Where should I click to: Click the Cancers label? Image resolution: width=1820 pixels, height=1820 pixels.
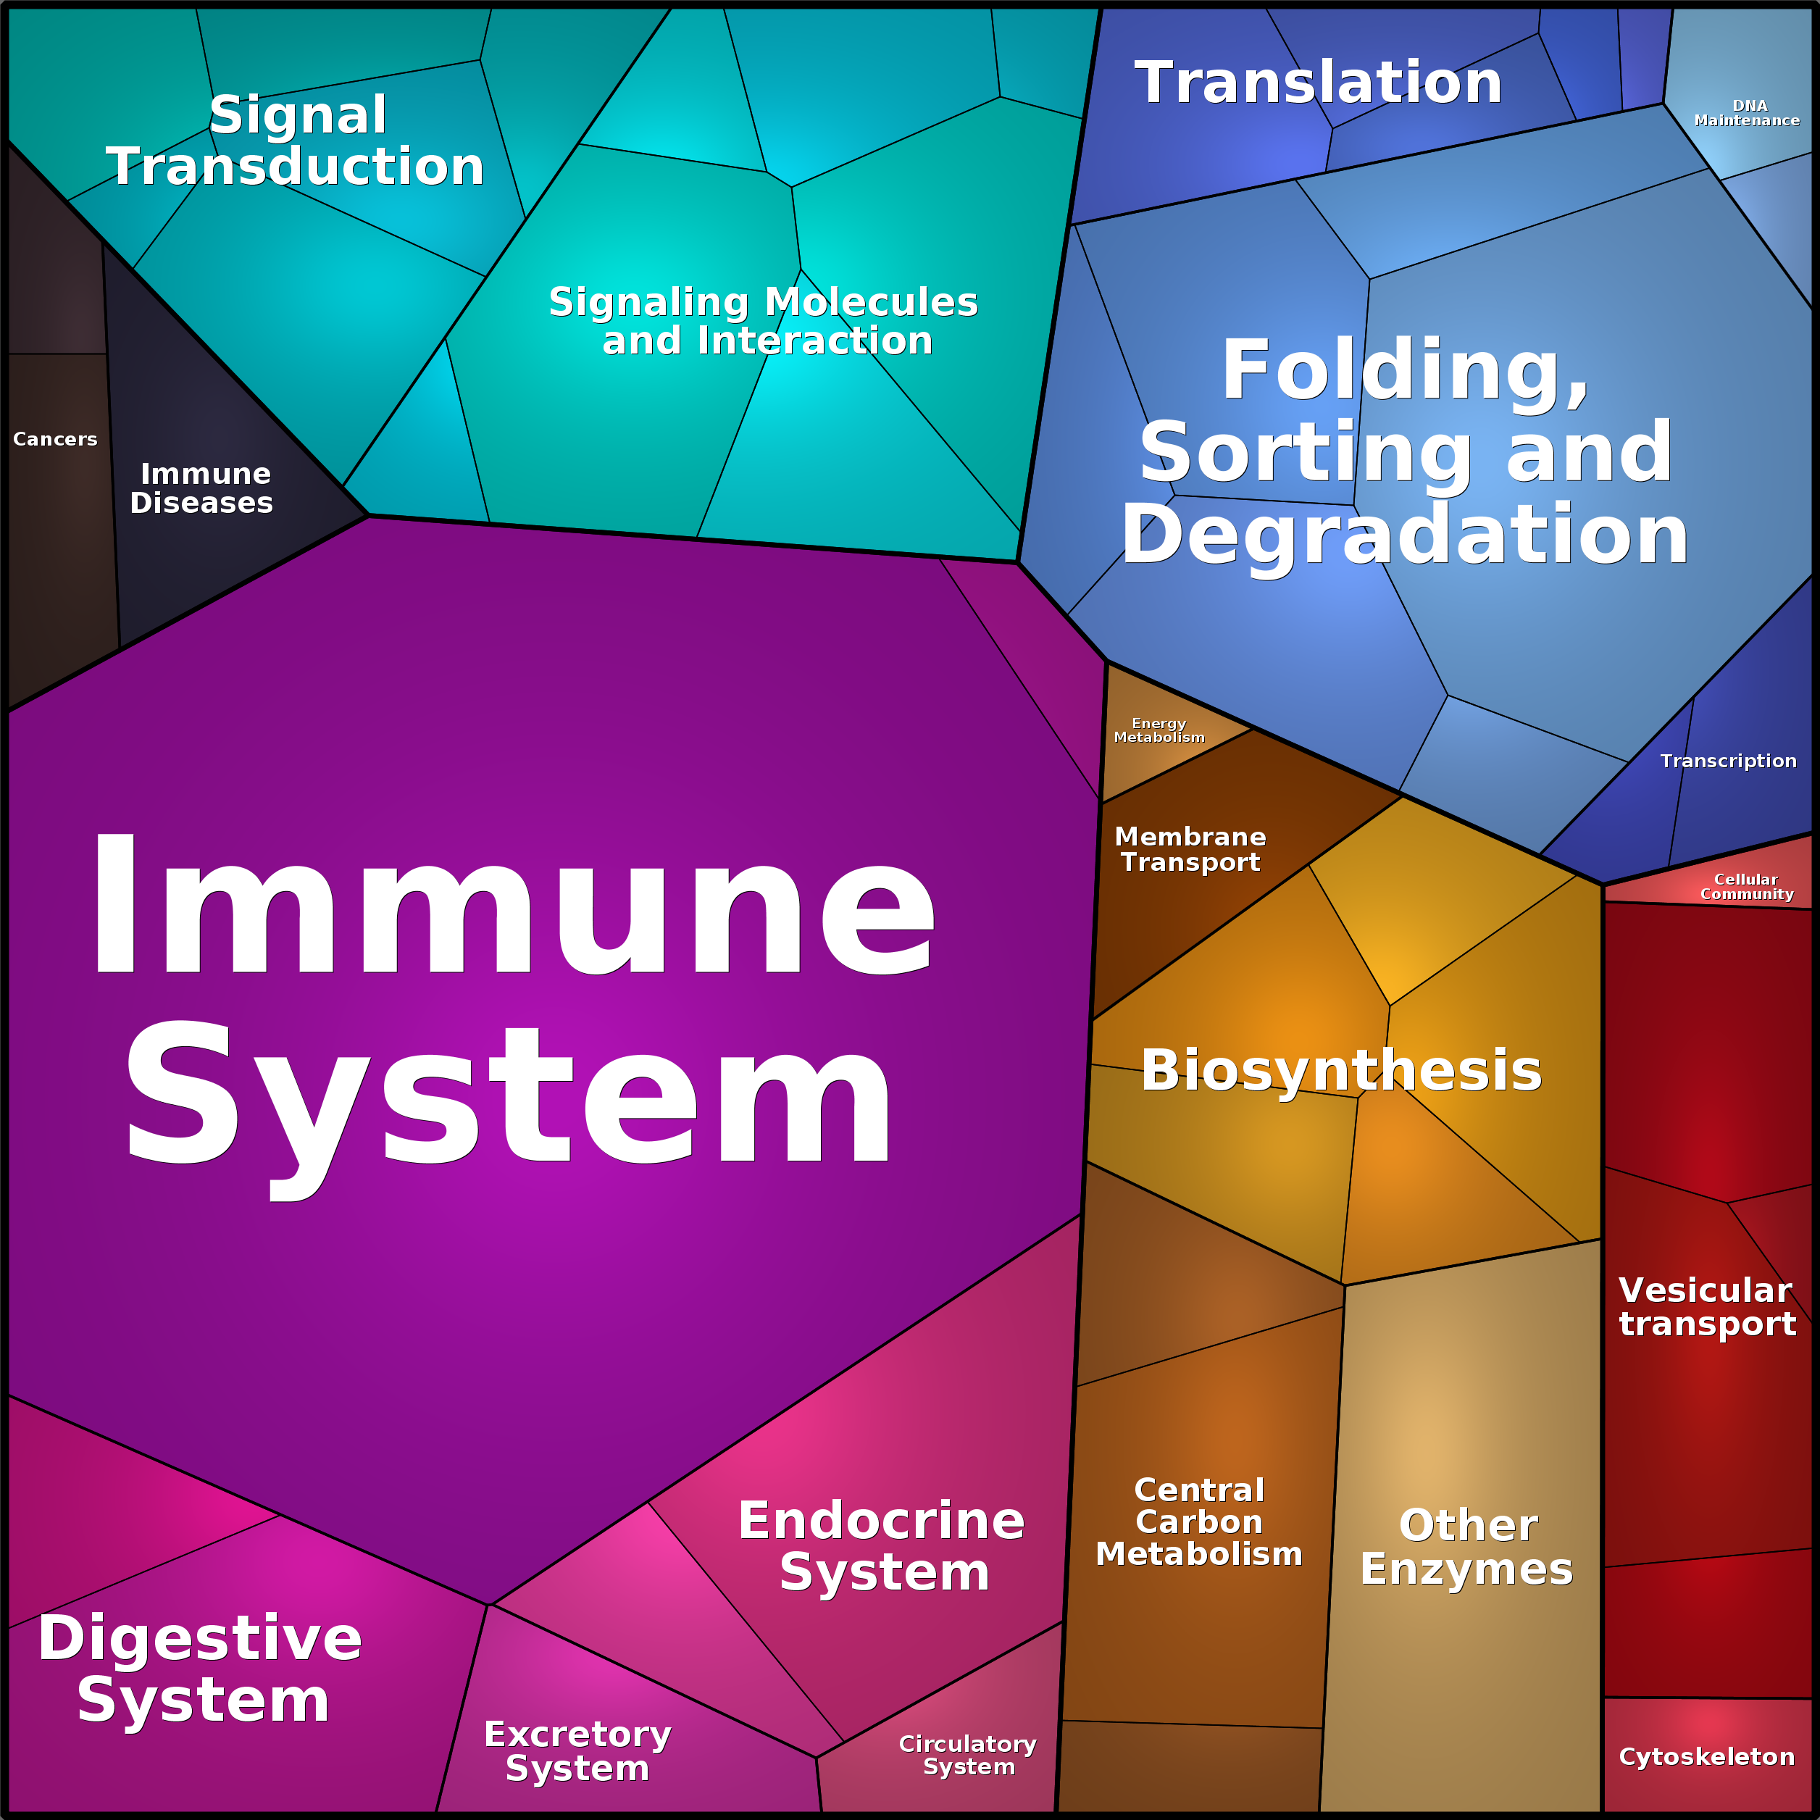click(54, 439)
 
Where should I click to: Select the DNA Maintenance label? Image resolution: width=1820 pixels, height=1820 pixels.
click(1747, 113)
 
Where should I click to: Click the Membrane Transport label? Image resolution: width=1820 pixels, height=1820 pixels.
click(1190, 850)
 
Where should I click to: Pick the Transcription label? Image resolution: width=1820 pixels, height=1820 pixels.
click(1728, 761)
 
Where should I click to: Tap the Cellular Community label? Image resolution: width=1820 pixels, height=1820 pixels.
click(1747, 886)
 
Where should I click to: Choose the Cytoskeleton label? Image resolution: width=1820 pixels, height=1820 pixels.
click(1706, 1757)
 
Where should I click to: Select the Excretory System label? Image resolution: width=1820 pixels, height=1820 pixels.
click(577, 1751)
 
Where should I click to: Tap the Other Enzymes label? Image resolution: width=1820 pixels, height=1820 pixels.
click(1466, 1547)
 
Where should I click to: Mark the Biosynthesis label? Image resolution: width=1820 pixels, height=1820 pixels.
click(1341, 1071)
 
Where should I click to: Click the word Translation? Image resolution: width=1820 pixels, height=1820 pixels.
click(1318, 83)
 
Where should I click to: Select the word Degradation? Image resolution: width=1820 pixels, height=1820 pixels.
click(1405, 534)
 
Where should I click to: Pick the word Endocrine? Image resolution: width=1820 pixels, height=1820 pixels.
click(882, 1521)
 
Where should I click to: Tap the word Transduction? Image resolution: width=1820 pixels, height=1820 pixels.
click(295, 167)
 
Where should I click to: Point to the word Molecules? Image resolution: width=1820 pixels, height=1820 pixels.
click(872, 302)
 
